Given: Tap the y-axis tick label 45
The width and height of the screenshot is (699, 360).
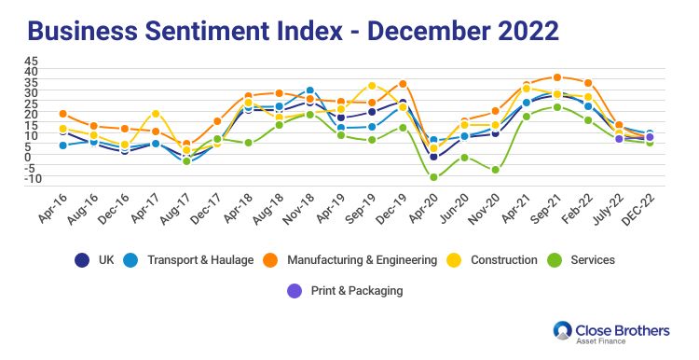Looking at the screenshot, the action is click(x=31, y=61).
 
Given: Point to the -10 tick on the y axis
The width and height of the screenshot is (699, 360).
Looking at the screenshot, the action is click(x=32, y=178).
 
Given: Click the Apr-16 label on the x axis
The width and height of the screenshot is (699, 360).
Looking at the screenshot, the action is click(x=52, y=209).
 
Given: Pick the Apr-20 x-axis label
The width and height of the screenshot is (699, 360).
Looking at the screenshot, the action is click(x=422, y=209).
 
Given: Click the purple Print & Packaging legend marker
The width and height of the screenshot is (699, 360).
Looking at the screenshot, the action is click(x=295, y=291).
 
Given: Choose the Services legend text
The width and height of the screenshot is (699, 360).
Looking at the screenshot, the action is click(x=593, y=260).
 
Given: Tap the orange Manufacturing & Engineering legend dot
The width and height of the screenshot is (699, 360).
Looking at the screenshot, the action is click(x=270, y=260).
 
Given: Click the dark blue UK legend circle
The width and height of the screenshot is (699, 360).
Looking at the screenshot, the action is click(x=82, y=260).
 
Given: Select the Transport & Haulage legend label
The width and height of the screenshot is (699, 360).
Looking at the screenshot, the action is click(x=200, y=260).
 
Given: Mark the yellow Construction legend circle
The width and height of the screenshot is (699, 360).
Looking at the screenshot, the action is click(x=454, y=260).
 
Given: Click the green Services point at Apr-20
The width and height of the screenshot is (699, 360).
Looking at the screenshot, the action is click(x=433, y=177).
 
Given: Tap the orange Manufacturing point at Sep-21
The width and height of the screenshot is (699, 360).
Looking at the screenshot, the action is click(x=556, y=77).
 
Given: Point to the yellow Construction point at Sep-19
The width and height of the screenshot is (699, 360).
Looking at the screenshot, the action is click(x=372, y=86).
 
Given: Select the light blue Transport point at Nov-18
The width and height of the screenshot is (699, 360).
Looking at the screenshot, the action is click(x=309, y=90).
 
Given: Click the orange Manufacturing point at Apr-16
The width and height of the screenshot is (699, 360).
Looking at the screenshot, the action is click(x=62, y=114).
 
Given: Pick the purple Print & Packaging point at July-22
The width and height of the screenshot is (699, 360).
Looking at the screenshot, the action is click(x=619, y=139).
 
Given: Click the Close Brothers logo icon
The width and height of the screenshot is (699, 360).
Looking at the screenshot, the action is click(x=562, y=330).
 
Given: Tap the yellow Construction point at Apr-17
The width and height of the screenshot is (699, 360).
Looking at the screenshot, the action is click(x=156, y=114).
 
